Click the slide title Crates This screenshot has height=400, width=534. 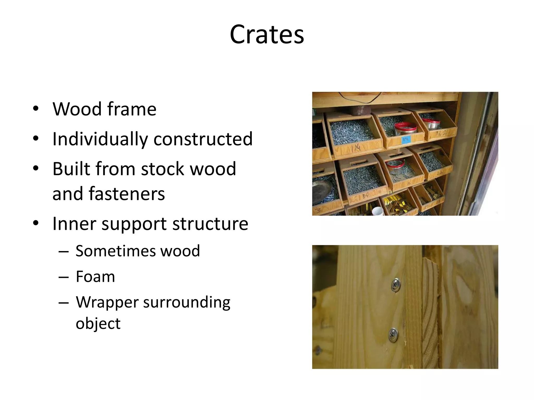pos(267,34)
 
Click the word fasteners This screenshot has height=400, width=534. pos(127,194)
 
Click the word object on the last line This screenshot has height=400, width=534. pos(98,323)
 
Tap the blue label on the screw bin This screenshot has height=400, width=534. pos(406,140)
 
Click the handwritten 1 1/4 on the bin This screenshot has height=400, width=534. pos(356,148)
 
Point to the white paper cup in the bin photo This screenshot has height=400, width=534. pos(378,211)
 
